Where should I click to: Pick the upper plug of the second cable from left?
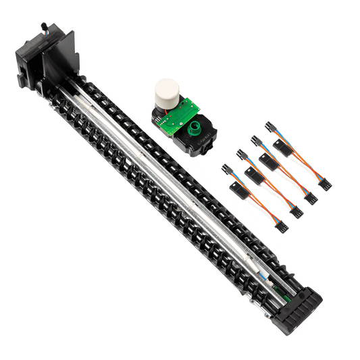coord(238,155)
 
